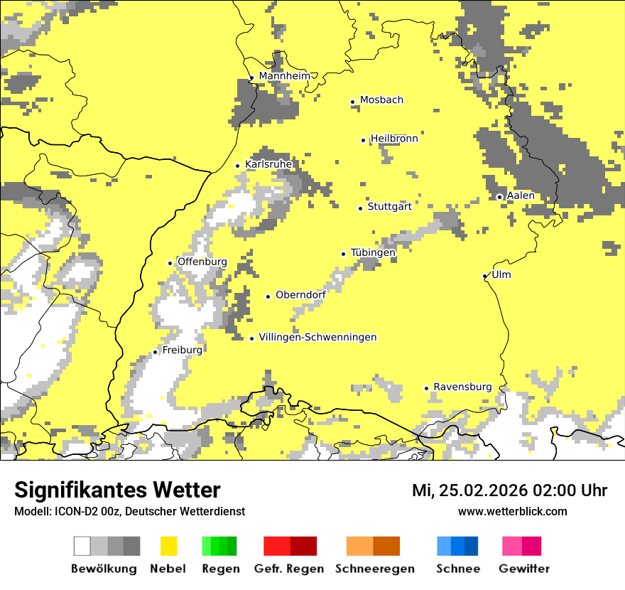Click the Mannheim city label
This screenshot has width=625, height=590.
click(x=284, y=76)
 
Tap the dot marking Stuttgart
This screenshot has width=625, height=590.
click(x=360, y=208)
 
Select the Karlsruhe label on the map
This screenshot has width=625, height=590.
click(x=268, y=164)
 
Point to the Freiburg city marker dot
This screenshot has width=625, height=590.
click(x=155, y=352)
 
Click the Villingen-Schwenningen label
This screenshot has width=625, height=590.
click(x=317, y=338)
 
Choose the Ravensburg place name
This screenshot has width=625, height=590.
click(x=462, y=387)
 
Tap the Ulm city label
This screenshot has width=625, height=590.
click(x=501, y=274)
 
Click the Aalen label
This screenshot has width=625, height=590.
click(x=521, y=195)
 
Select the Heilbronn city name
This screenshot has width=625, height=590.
click(x=394, y=139)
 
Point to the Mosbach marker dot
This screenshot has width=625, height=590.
click(x=352, y=102)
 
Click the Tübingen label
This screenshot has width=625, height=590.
click(x=373, y=252)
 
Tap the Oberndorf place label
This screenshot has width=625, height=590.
click(x=300, y=295)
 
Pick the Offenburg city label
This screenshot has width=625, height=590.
click(x=202, y=262)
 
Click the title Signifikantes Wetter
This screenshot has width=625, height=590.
click(x=117, y=490)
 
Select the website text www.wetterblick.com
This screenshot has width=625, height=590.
click(x=512, y=511)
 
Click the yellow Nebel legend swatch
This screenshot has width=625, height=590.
click(x=168, y=546)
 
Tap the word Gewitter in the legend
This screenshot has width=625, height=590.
click(x=524, y=569)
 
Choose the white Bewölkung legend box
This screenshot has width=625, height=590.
click(x=82, y=546)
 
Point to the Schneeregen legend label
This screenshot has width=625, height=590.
click(x=374, y=569)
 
